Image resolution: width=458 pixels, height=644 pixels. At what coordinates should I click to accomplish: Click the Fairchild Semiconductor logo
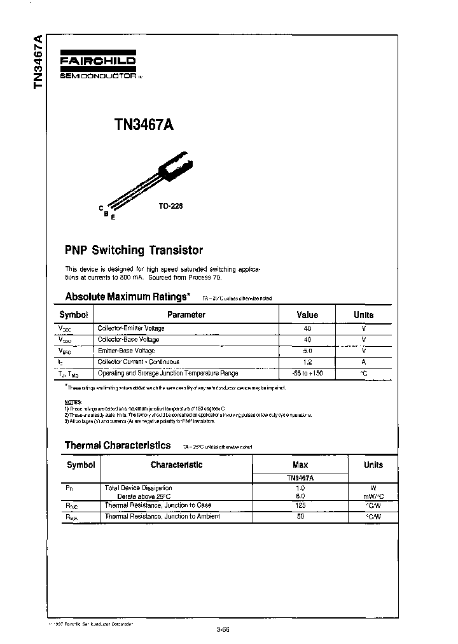click(99, 64)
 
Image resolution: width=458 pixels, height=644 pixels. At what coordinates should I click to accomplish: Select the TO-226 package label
click(171, 206)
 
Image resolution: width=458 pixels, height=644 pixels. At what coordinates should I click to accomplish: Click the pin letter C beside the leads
click(101, 208)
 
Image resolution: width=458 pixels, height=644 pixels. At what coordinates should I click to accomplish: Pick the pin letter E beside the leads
click(113, 218)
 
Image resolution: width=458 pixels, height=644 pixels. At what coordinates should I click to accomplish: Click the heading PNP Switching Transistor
click(134, 250)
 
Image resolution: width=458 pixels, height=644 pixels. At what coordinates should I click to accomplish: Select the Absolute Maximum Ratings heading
click(127, 297)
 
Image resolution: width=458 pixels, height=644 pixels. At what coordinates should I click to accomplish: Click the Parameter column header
click(186, 314)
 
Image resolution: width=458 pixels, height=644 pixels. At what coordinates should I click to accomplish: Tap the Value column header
click(307, 314)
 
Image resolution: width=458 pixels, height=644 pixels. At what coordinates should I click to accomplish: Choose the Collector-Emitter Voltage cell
click(130, 328)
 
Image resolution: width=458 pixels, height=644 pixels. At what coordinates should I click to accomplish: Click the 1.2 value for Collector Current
click(307, 361)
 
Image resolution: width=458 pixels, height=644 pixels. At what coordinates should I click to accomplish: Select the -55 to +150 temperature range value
click(307, 373)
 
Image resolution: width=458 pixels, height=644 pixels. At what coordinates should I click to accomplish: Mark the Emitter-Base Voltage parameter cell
click(126, 351)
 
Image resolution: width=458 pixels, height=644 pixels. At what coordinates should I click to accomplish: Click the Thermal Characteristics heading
click(118, 445)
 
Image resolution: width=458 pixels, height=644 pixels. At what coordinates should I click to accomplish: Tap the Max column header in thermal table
click(300, 465)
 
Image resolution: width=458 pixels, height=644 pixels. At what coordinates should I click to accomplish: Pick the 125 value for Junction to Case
click(300, 505)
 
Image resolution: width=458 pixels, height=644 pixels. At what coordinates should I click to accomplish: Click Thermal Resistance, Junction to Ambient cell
click(162, 516)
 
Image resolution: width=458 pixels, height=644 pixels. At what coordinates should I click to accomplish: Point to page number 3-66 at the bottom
click(223, 630)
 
